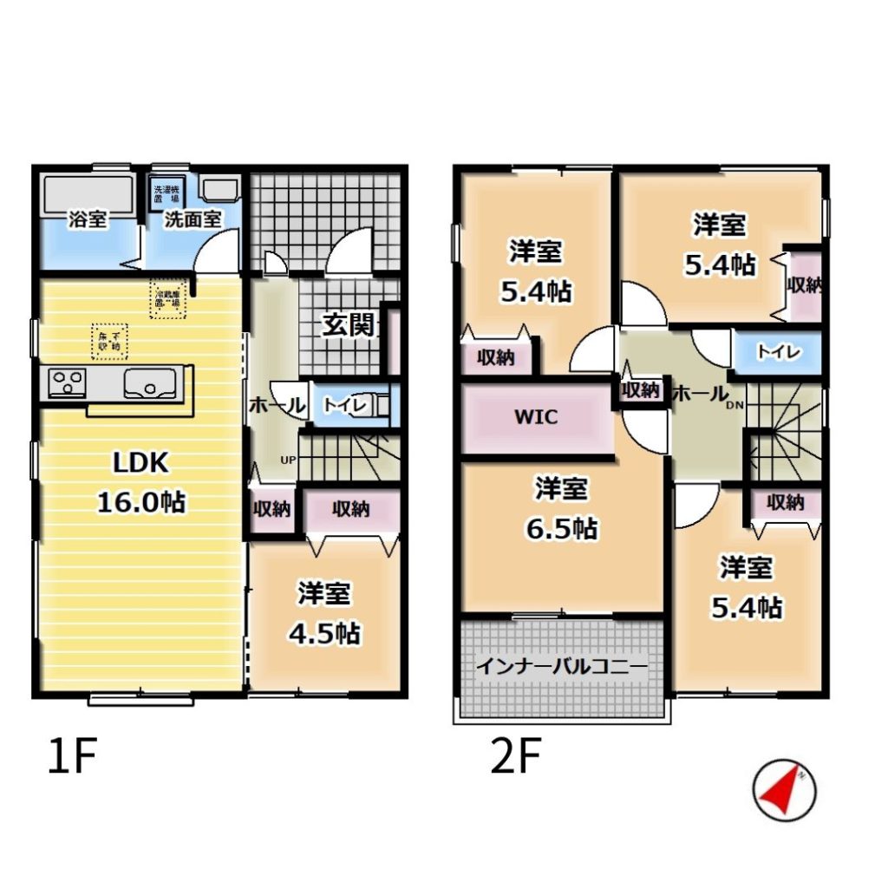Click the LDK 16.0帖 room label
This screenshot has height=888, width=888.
point(140,481)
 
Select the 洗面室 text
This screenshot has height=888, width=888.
point(193,219)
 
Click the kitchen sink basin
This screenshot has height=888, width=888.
point(151,382)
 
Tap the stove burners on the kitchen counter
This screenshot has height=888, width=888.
point(66,382)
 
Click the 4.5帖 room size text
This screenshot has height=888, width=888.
point(324,633)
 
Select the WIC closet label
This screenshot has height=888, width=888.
point(536,417)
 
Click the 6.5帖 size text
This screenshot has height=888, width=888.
point(561,527)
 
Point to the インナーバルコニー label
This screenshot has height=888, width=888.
point(561,667)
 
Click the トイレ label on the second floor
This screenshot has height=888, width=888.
point(777,352)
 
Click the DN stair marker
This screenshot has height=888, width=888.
point(734,404)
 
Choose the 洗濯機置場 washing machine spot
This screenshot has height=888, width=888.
point(164,193)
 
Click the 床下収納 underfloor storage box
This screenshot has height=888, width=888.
point(108,341)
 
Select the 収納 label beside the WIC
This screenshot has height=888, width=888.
point(641,390)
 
